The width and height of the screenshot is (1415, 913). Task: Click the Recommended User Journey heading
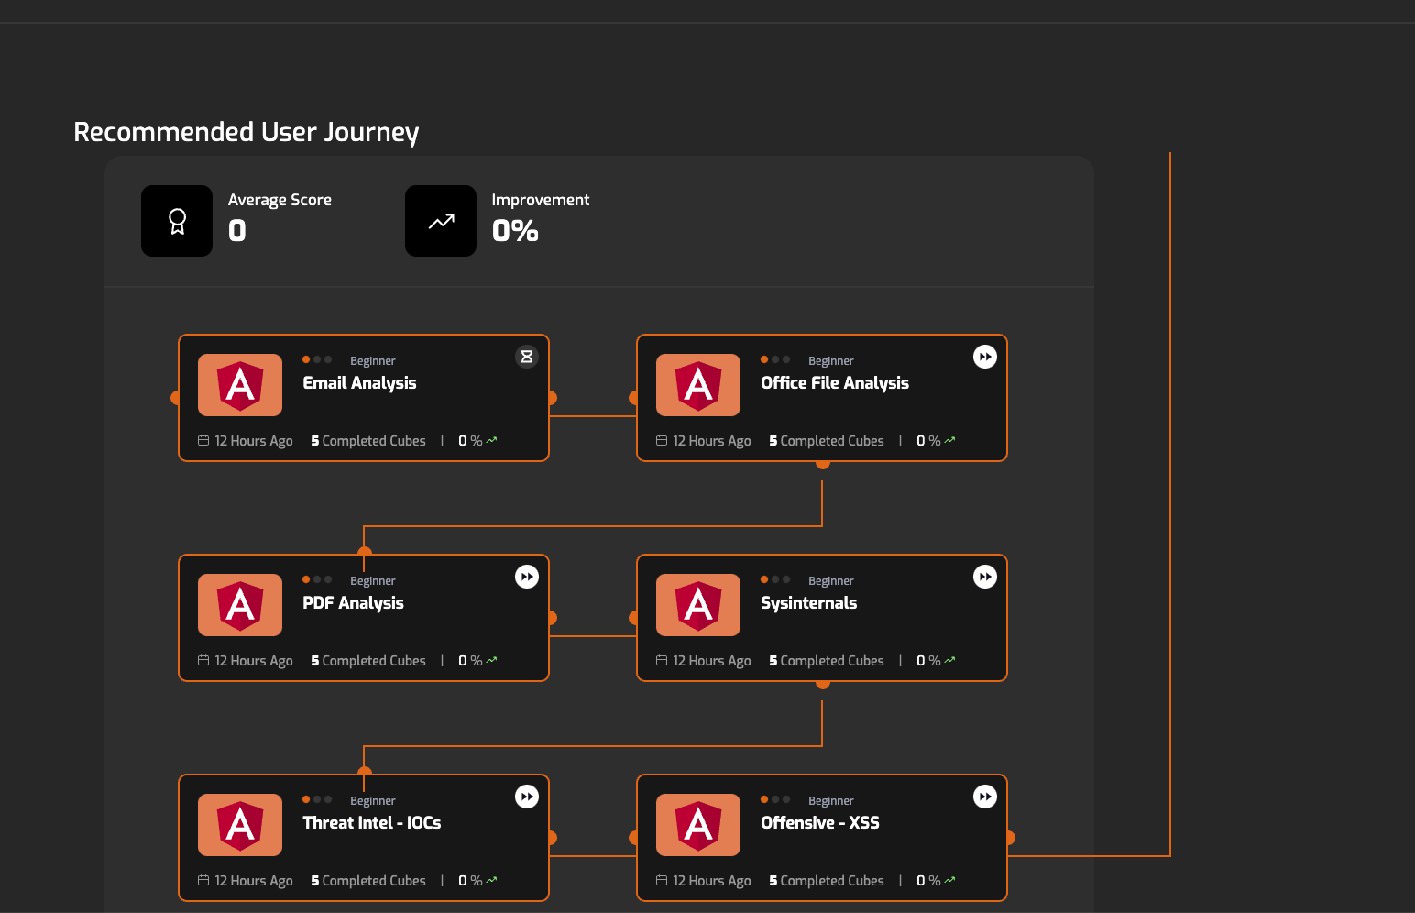(x=246, y=132)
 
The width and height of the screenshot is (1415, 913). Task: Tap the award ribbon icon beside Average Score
(x=177, y=221)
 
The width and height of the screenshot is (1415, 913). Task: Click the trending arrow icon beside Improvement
(x=441, y=221)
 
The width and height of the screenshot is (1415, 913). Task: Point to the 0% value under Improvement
(x=515, y=231)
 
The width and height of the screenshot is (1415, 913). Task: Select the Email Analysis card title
(x=359, y=383)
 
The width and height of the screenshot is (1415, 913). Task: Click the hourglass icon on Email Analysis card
(x=527, y=357)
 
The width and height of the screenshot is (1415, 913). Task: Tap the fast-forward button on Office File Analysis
(x=985, y=357)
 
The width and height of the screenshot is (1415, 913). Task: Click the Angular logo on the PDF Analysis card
(x=240, y=605)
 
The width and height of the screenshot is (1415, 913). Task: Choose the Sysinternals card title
(x=808, y=603)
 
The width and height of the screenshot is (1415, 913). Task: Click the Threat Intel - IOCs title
(x=371, y=823)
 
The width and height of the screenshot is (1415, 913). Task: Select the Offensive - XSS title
(x=819, y=823)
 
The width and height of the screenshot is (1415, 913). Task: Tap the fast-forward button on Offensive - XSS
(x=985, y=797)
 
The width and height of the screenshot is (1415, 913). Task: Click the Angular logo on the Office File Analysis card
(x=698, y=385)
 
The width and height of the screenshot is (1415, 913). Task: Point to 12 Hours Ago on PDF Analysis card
(x=253, y=661)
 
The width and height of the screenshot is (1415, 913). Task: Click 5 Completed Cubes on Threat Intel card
(x=368, y=881)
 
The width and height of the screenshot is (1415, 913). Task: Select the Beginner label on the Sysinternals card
(x=830, y=581)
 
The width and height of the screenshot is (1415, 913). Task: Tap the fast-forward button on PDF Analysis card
(x=527, y=577)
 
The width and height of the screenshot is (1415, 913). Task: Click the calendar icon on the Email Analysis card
(x=203, y=441)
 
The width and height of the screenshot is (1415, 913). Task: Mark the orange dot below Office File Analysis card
(x=823, y=463)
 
